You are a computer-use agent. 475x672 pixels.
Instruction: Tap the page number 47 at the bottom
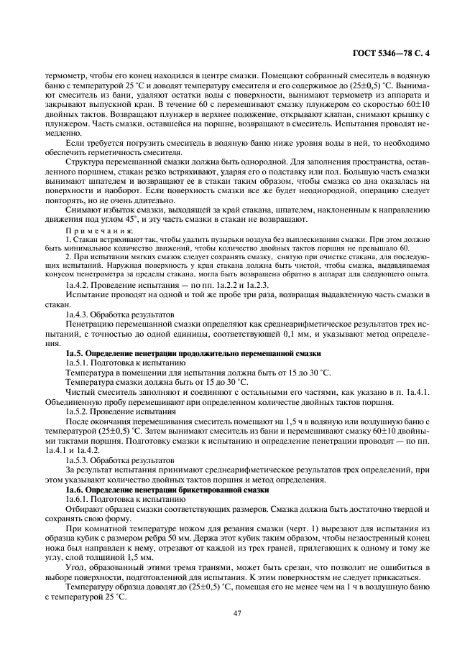[236, 612]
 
